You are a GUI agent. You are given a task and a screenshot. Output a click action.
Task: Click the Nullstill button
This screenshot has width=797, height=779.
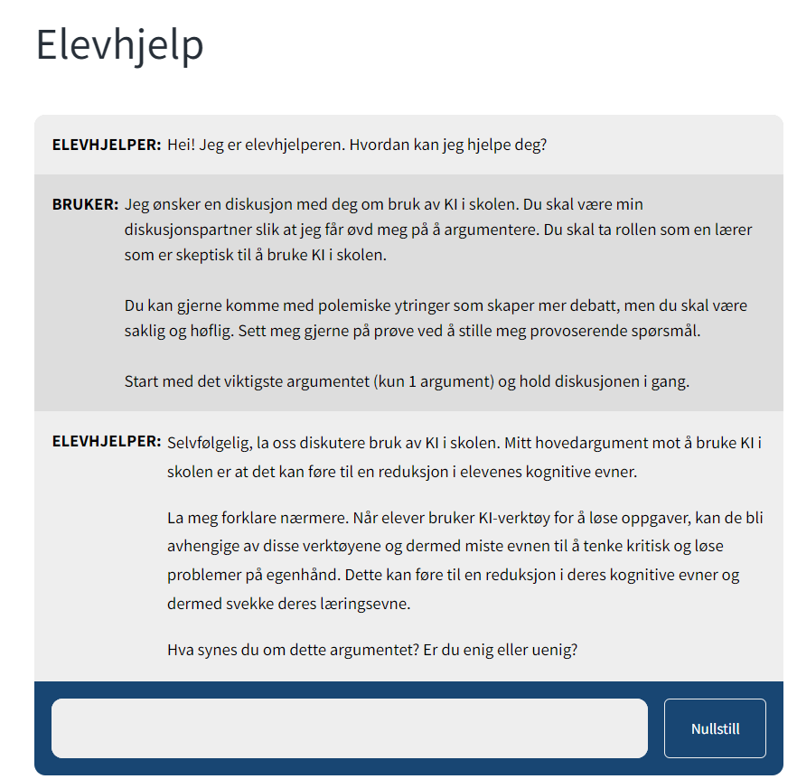715,728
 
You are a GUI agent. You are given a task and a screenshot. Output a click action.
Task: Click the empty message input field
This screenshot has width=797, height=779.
350,728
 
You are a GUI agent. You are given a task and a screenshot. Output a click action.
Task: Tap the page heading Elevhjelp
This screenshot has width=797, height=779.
119,45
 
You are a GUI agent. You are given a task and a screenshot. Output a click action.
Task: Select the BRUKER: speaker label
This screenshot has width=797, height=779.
85,204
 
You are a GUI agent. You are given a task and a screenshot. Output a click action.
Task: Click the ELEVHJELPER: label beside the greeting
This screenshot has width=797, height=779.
107,145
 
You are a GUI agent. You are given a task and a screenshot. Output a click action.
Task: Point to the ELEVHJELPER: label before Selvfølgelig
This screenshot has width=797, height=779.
107,443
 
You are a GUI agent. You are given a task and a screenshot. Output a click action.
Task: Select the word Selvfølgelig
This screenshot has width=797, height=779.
211,443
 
